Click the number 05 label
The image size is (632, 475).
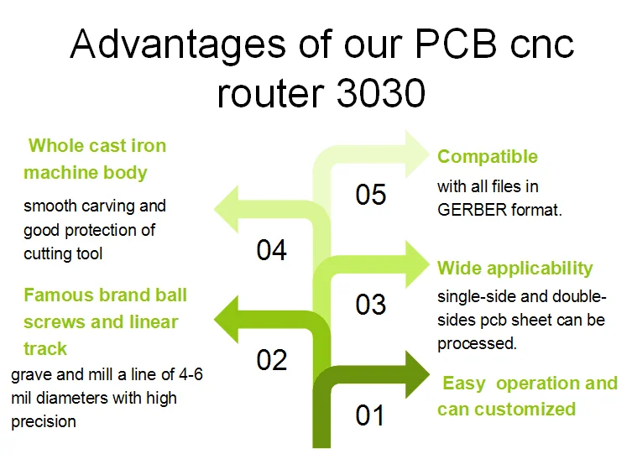point(370,195)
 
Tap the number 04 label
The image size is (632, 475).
point(271,250)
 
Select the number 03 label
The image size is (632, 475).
point(370,305)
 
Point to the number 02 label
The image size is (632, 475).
point(271,360)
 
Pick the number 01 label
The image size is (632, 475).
point(370,415)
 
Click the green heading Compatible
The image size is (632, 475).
point(488,157)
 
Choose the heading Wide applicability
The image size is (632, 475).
point(514,269)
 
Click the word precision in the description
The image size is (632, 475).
point(44,421)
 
